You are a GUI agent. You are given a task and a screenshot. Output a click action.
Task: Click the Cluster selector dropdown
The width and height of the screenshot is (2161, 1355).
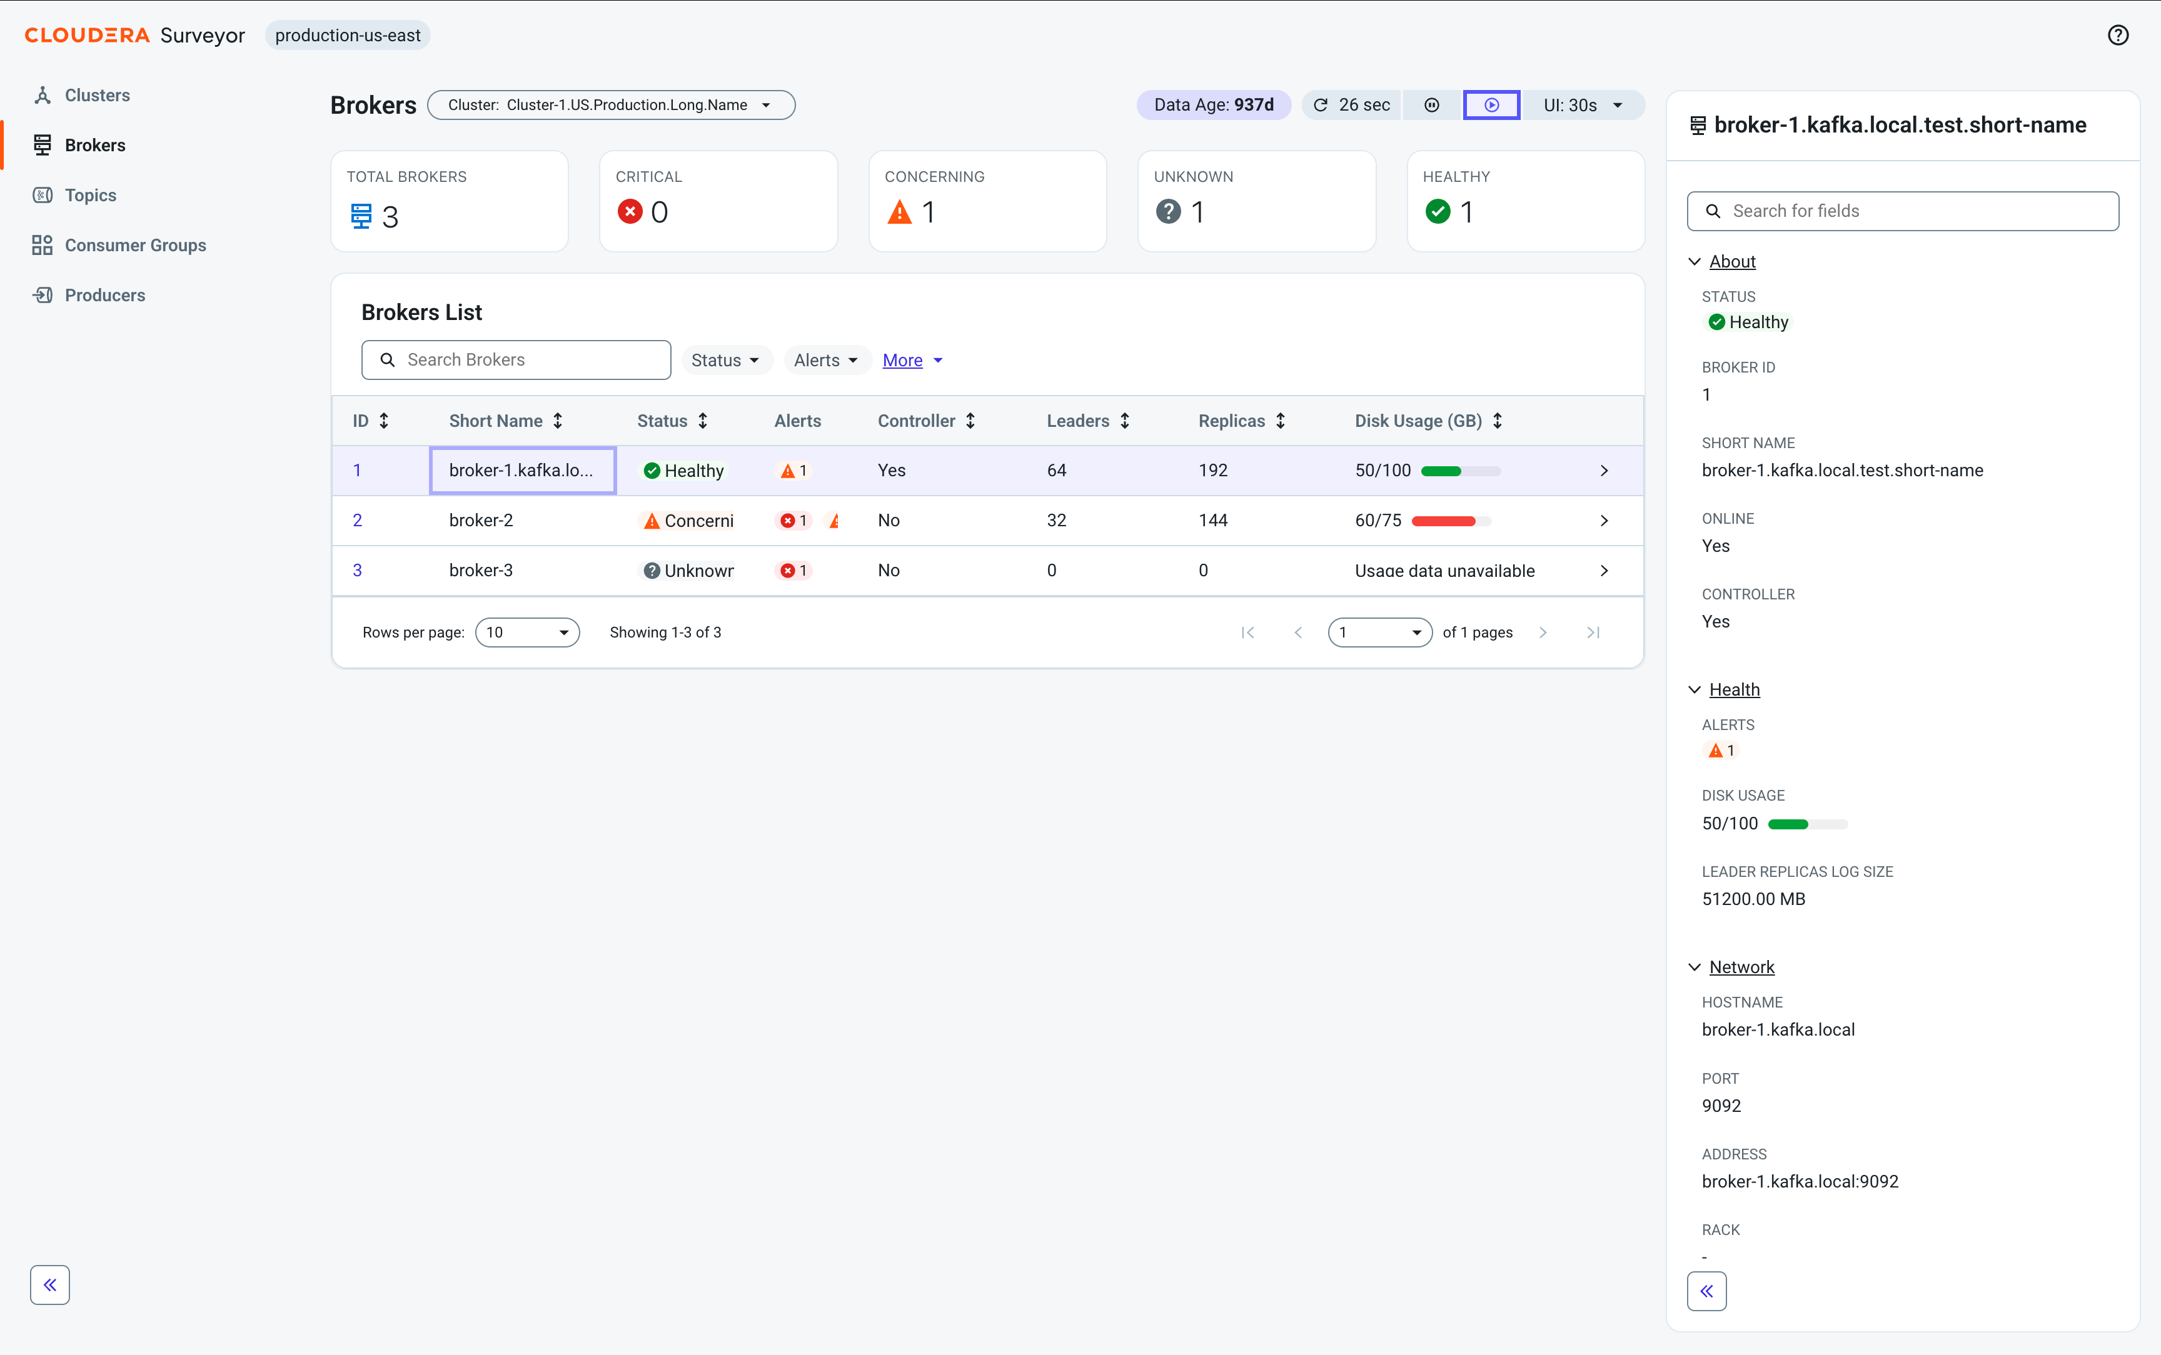click(610, 105)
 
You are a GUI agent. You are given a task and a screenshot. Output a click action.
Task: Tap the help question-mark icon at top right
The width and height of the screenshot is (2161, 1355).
click(2117, 35)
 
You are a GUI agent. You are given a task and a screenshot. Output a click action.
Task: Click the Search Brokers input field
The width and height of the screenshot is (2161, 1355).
click(516, 360)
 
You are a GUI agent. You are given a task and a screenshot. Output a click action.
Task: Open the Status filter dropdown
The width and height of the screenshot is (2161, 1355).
click(725, 360)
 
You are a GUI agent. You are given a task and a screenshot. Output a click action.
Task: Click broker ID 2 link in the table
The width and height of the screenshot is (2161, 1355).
click(358, 521)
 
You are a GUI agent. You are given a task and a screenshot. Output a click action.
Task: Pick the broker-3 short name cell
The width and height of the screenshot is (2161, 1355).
click(481, 571)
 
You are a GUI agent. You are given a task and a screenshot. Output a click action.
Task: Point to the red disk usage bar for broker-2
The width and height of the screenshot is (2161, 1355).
click(1443, 521)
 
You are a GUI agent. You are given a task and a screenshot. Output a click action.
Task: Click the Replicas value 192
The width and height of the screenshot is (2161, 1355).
click(1212, 471)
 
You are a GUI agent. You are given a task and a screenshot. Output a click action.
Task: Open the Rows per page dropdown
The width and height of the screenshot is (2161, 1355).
click(527, 632)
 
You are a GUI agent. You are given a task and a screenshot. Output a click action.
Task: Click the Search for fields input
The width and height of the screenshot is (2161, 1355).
click(1903, 211)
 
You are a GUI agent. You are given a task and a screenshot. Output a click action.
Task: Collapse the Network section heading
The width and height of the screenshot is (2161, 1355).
click(1741, 967)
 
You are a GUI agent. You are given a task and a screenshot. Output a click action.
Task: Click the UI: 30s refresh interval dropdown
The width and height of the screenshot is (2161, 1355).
click(1583, 105)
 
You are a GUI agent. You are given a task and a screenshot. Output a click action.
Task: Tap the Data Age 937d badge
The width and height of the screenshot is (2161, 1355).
click(1214, 105)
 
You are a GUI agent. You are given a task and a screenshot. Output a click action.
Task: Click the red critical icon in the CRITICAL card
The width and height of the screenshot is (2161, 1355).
click(630, 211)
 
